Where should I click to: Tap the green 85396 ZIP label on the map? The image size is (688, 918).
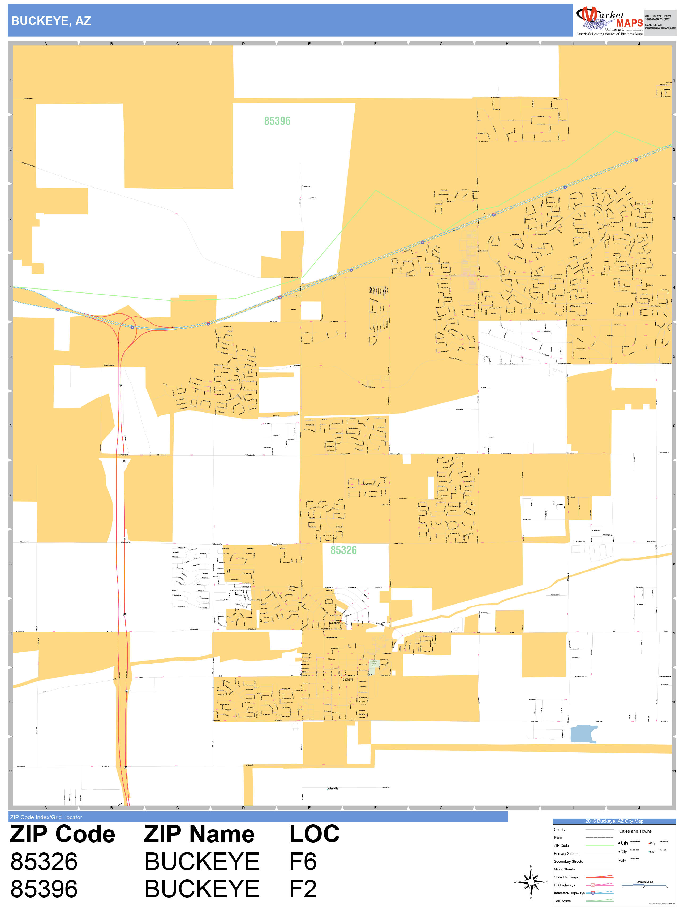point(277,121)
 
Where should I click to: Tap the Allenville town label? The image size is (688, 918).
point(333,789)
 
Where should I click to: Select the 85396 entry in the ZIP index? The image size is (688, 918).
point(44,889)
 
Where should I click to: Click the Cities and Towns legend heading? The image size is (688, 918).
point(635,831)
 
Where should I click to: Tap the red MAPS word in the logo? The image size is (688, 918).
point(629,23)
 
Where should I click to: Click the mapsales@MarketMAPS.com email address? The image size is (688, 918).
point(660,28)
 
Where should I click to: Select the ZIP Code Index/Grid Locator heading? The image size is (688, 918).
point(46,817)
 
